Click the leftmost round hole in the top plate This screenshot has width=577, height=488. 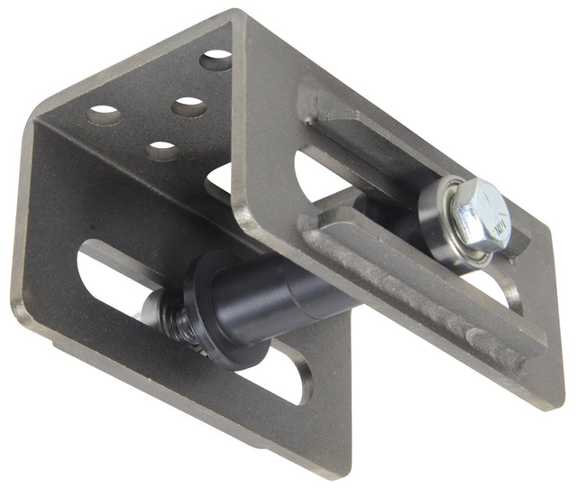pyautogui.click(x=105, y=115)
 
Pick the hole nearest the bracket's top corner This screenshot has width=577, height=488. pyautogui.click(x=215, y=60)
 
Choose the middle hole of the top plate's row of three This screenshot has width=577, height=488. pyautogui.click(x=188, y=106)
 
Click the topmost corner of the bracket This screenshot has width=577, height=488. pyautogui.click(x=236, y=12)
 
